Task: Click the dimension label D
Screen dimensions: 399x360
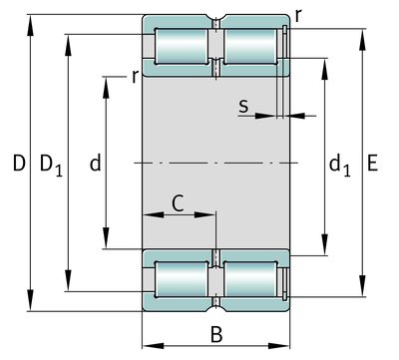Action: [x=19, y=163]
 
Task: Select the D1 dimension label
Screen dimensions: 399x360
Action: [x=51, y=165]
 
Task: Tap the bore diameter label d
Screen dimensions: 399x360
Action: [x=96, y=163]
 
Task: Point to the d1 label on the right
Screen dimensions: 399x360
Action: [x=339, y=165]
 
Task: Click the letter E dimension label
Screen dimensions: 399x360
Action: [x=372, y=163]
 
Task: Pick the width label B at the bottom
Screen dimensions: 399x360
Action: [x=216, y=334]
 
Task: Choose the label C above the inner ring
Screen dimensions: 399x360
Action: [x=178, y=203]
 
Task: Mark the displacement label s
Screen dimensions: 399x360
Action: [x=243, y=106]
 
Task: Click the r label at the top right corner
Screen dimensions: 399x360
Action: [x=298, y=15]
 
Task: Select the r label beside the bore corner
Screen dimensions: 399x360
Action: [x=135, y=77]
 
